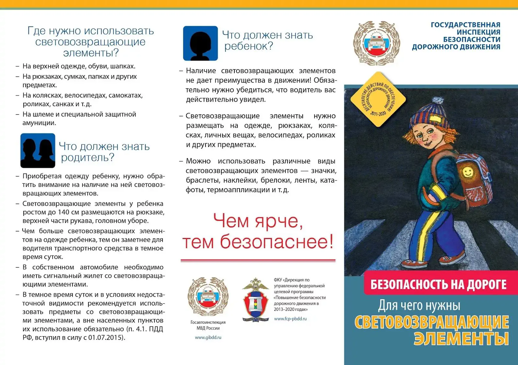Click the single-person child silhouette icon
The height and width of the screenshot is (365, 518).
click(x=200, y=43)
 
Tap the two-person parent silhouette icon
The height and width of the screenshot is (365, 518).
click(x=38, y=151)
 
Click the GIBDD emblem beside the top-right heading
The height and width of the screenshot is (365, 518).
click(x=376, y=43)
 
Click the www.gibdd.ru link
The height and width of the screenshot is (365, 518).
click(x=208, y=337)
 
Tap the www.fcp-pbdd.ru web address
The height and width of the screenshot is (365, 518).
click(x=290, y=319)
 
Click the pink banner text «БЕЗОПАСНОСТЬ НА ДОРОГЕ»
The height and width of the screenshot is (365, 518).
click(x=438, y=285)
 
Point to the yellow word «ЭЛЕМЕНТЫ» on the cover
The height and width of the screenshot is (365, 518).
click(x=461, y=339)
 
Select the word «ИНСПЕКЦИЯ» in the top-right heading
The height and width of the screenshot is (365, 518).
click(x=478, y=32)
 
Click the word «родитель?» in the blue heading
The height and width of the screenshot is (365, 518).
click(x=87, y=158)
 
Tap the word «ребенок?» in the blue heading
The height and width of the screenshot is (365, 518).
click(x=249, y=46)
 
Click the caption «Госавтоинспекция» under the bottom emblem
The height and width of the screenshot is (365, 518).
click(x=208, y=322)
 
